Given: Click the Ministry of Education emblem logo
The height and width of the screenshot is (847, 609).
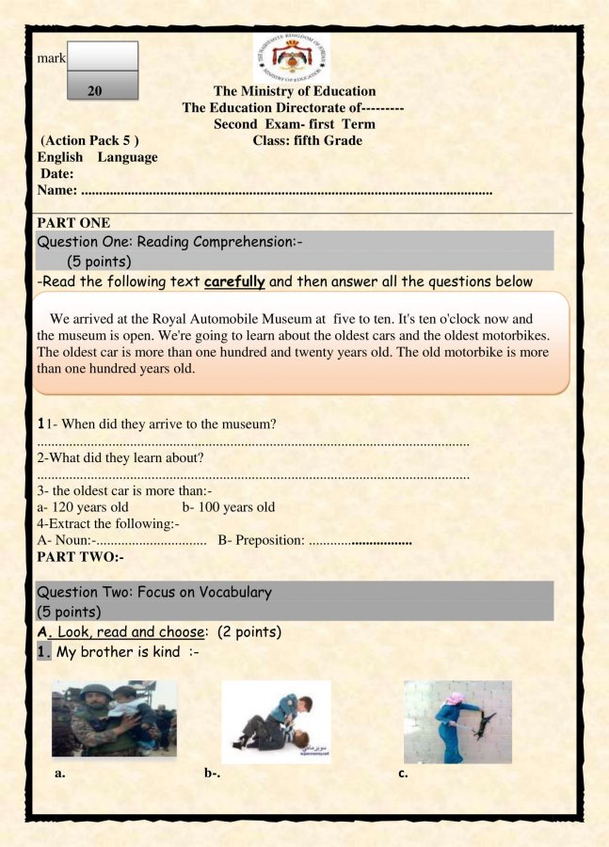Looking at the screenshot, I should pos(291,56).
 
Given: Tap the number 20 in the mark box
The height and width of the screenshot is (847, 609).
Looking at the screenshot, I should pos(94,91).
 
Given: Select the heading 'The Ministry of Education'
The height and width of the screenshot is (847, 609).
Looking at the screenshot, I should pos(295,91).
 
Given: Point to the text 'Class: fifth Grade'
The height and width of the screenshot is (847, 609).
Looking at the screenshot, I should pos(308,140).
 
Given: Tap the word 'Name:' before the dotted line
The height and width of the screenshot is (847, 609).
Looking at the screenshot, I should pos(57,191).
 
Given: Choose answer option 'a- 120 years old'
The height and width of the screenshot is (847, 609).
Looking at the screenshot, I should pos(83,507).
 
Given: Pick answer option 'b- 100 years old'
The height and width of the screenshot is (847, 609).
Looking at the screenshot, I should pos(229,507).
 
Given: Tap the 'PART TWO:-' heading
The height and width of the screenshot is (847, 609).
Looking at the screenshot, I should pos(80,557).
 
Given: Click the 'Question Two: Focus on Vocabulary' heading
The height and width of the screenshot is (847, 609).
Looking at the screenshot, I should pos(154,592).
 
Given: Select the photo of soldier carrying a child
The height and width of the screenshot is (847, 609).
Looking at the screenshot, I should pos(114,719).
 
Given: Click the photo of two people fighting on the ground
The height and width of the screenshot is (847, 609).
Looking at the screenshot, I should pos(276,722).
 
